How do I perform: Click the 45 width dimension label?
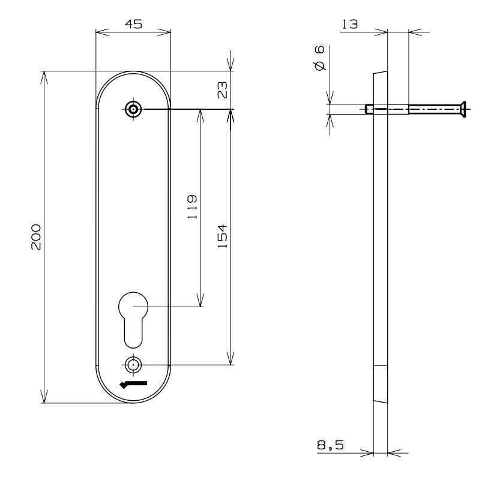[133, 24]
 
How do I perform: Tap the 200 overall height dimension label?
[36, 237]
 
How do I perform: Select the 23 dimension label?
[223, 90]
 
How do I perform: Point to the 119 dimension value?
[192, 207]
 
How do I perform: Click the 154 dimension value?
[222, 236]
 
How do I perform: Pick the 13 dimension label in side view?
[350, 24]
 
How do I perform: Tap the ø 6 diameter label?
[319, 58]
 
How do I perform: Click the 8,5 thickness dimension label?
[330, 445]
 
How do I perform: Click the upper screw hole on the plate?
[133, 109]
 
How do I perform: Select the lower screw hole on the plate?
[133, 365]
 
